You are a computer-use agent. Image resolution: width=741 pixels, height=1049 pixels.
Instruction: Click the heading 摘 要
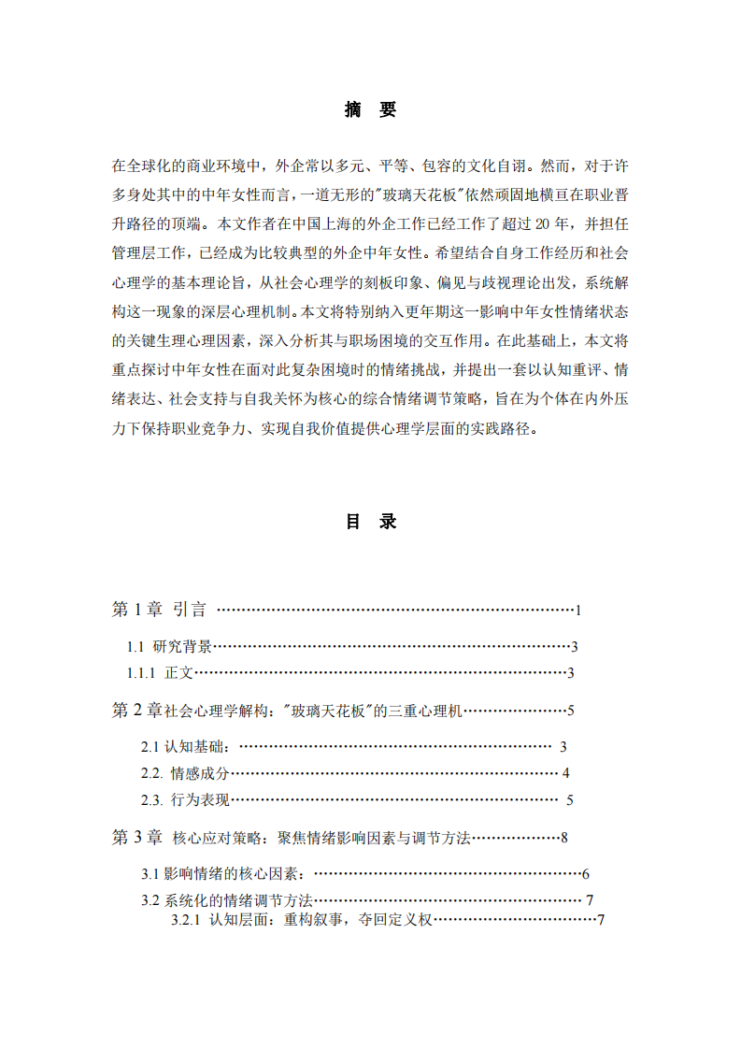tap(370, 110)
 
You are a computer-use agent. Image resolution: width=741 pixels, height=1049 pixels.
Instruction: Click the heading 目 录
tap(370, 522)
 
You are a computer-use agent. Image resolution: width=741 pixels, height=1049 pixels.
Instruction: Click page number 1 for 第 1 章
tap(579, 611)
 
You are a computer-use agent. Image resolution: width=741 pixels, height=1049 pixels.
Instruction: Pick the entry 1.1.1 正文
tap(160, 672)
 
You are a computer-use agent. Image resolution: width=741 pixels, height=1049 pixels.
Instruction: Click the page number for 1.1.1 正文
tap(571, 672)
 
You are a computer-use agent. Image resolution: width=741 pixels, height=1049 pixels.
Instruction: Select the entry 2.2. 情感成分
tap(185, 773)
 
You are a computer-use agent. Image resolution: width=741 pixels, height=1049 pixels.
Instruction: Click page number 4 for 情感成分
tap(566, 773)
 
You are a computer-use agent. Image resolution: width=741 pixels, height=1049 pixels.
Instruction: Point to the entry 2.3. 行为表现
tap(185, 799)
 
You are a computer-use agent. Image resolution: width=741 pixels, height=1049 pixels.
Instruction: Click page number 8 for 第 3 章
tap(565, 838)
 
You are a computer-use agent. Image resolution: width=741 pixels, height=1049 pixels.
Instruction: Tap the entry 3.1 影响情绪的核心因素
tap(223, 874)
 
